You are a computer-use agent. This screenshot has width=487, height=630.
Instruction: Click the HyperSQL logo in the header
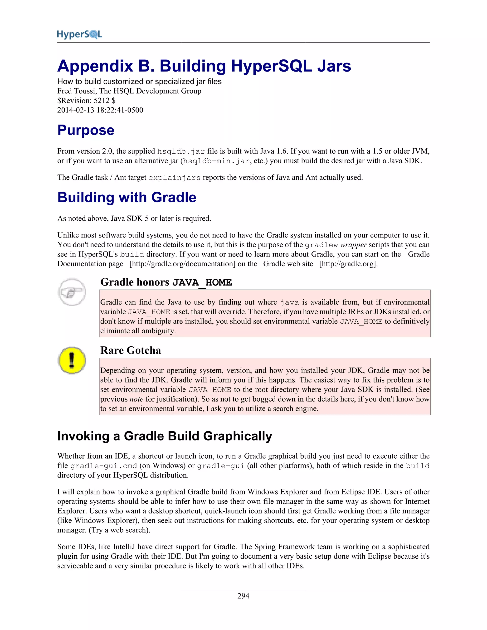pos(80,34)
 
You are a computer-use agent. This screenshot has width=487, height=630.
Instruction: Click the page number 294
pos(243,596)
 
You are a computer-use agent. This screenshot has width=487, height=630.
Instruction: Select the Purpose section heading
pos(86,130)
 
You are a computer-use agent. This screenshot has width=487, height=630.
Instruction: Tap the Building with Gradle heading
pos(127,198)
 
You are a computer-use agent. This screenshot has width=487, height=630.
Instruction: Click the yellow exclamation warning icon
pos(72,360)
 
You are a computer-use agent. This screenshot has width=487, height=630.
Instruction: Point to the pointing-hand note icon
pos(72,292)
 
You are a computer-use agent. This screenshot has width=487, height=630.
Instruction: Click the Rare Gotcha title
pos(131,350)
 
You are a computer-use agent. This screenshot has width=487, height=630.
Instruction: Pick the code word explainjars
pos(174,178)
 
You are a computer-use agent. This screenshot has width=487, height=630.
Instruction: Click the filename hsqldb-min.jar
pos(216,161)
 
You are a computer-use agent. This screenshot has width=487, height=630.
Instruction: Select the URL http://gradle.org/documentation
pos(182,264)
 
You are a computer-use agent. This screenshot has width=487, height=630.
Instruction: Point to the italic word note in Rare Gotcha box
pos(136,399)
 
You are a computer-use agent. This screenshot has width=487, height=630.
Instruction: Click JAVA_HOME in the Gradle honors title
pos(202,282)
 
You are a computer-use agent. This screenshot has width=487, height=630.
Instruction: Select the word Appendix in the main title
pos(95,66)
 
